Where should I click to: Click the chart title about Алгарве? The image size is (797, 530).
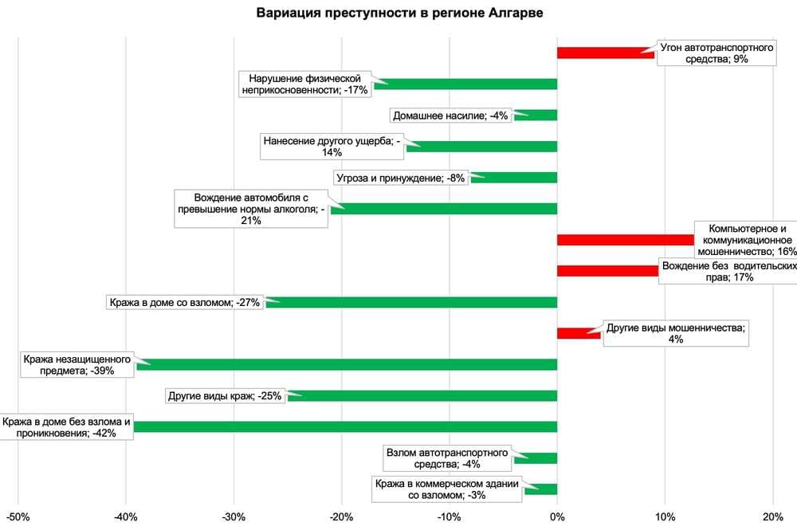(399, 14)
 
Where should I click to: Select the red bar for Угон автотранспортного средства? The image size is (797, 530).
(605, 53)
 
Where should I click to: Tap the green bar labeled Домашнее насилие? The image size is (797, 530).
(536, 115)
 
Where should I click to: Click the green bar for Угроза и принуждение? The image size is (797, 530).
(514, 178)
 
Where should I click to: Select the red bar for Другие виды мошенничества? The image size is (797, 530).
(579, 333)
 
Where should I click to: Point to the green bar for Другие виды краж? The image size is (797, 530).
(422, 395)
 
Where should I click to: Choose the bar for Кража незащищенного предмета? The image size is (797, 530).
(347, 364)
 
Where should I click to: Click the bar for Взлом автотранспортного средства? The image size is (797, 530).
(536, 458)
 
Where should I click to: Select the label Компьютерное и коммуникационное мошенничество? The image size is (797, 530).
(745, 239)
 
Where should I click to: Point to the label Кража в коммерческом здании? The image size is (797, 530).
(447, 489)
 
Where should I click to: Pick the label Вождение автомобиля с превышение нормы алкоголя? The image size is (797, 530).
(250, 209)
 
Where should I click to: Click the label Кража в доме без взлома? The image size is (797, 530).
(67, 427)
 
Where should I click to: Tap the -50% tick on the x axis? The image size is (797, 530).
(18, 516)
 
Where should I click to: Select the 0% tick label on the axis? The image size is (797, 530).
(557, 516)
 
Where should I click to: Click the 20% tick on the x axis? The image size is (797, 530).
(772, 516)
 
